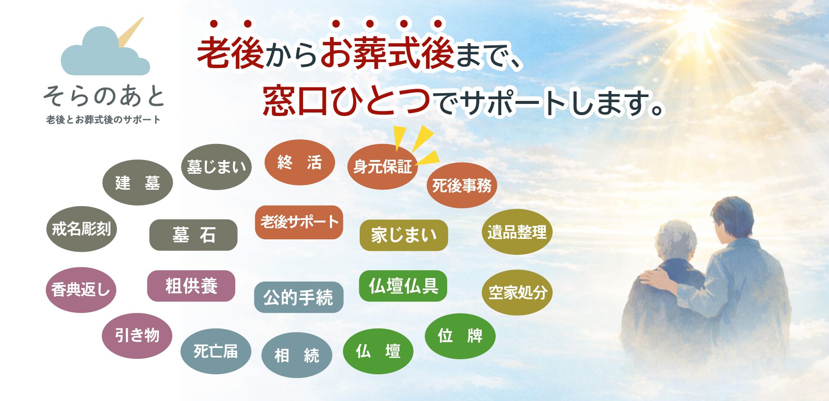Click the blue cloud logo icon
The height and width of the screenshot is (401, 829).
[x=105, y=54]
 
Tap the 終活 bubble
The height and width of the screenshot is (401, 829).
[x=299, y=163]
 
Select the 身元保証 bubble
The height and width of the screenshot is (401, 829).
[x=382, y=167]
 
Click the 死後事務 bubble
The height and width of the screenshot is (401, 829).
[x=462, y=186]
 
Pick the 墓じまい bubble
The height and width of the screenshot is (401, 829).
[x=216, y=167]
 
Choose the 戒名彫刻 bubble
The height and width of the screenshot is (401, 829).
[x=81, y=229]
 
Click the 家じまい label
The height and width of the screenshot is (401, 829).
[x=403, y=235]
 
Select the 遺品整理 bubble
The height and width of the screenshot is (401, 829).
[x=517, y=232]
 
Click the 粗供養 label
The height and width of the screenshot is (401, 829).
[x=191, y=286]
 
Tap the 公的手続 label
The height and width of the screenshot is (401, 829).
[x=298, y=298]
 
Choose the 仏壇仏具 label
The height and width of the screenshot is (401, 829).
[x=403, y=286]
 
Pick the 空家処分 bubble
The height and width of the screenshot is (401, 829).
[x=517, y=292]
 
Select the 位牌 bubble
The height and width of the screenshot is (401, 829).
[x=460, y=336]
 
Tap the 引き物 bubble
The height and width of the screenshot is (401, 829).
[x=137, y=335]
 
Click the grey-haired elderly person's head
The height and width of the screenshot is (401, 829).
[x=676, y=239]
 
